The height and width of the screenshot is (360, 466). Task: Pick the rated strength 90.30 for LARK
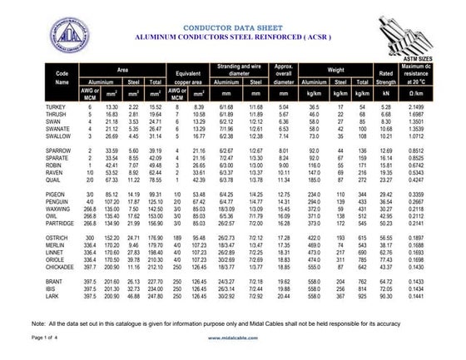coord(385,296)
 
